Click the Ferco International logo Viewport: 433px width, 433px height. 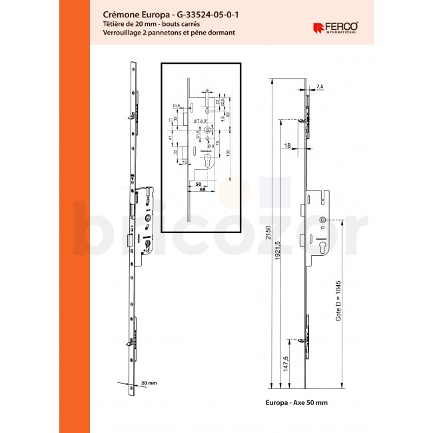click(335, 27)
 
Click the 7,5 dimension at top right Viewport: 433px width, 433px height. click(320, 87)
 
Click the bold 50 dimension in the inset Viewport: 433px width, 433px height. click(198, 183)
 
